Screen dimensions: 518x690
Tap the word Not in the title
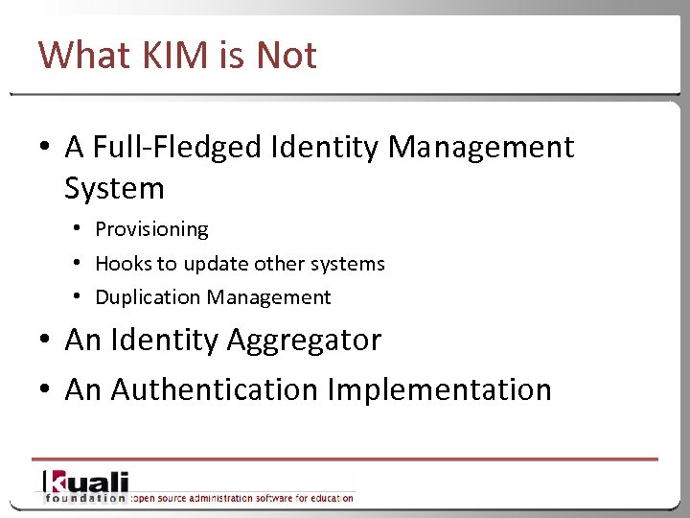tap(286, 56)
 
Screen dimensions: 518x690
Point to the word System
tap(114, 188)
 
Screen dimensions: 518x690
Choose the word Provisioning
tap(151, 229)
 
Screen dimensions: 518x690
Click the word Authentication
tap(215, 389)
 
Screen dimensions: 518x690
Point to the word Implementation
tap(440, 389)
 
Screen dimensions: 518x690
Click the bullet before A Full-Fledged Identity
tap(45, 148)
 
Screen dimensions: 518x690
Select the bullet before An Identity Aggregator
tap(45, 341)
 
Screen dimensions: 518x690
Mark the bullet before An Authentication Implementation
tap(45, 390)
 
